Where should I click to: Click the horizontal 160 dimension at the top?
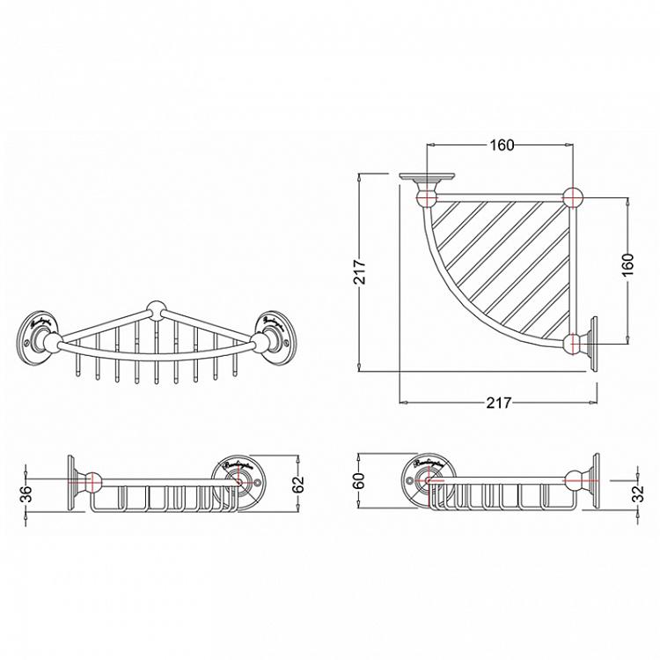point(501,145)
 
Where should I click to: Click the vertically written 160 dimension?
point(627,267)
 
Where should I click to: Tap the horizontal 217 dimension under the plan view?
point(498,403)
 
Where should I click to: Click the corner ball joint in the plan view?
point(574,197)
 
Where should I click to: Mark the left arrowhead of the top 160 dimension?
point(431,145)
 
